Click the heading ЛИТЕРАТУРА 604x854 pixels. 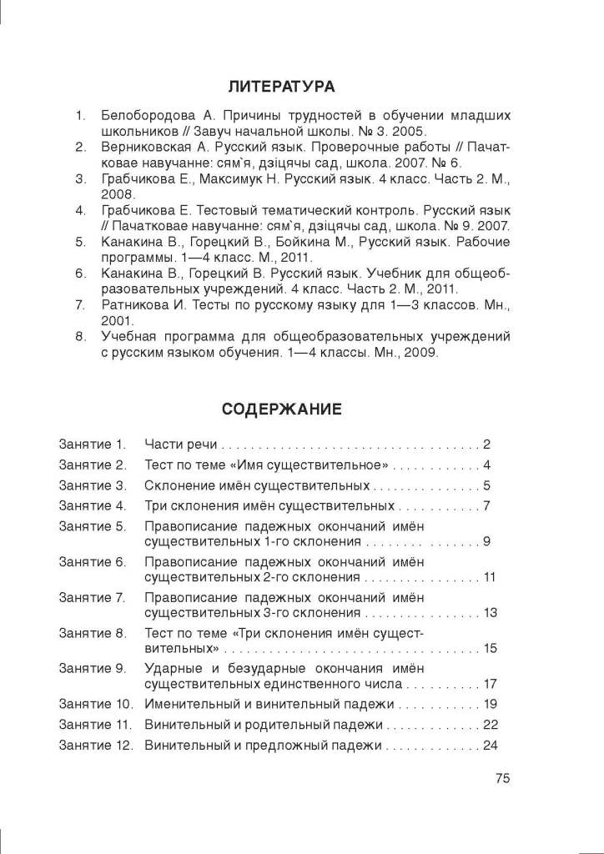coord(281,86)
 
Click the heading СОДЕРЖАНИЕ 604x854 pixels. coord(281,409)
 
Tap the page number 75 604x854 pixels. coord(501,778)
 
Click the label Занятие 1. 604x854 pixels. coord(92,444)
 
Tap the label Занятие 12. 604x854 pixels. coord(95,745)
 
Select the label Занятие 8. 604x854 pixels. coord(92,634)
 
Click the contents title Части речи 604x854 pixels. coord(181,444)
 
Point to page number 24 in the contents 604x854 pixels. coord(490,745)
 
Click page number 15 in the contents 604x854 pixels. coord(490,648)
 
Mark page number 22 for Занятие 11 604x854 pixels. coord(490,724)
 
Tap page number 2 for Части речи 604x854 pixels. coord(486,444)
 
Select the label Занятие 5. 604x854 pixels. coord(92,527)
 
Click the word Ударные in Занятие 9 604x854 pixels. coord(170,669)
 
